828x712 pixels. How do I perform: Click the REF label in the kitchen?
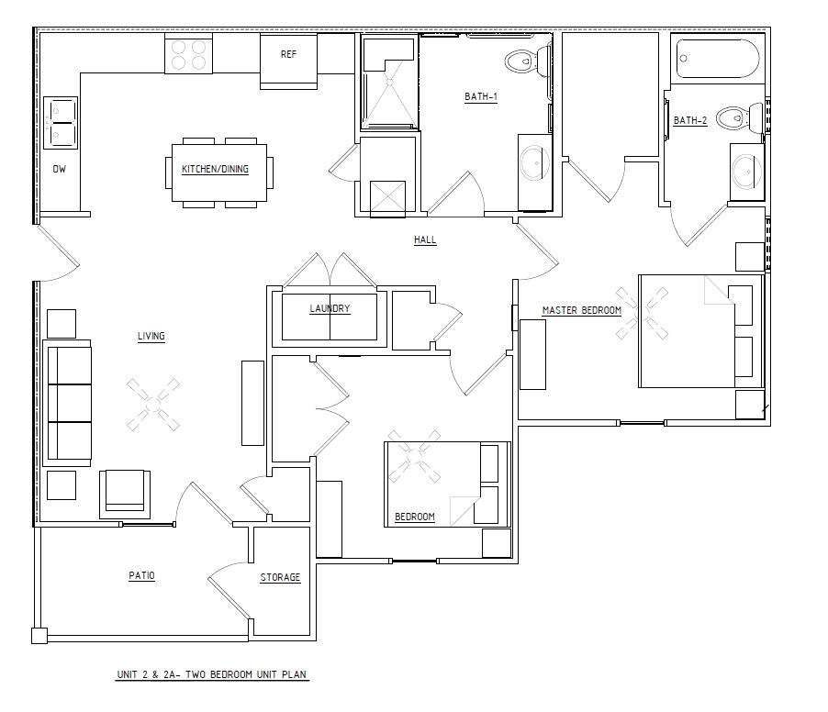288,54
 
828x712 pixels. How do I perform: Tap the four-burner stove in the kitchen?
188,54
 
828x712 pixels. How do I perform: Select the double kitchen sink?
61,122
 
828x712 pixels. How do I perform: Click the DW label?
59,170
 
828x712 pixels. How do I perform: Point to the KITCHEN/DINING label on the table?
215,170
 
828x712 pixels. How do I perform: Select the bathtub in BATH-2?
718,59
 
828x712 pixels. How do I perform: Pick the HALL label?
425,240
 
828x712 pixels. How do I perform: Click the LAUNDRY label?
330,309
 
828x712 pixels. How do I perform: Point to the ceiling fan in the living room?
153,405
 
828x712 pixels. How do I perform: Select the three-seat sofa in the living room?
67,403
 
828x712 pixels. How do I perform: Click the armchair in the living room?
125,494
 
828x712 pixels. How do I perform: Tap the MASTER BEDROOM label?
581,310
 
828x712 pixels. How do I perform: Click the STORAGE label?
280,577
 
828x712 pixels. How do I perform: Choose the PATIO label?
142,575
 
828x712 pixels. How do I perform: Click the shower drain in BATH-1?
390,82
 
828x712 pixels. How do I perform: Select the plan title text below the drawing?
212,674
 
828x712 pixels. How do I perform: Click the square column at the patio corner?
39,636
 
